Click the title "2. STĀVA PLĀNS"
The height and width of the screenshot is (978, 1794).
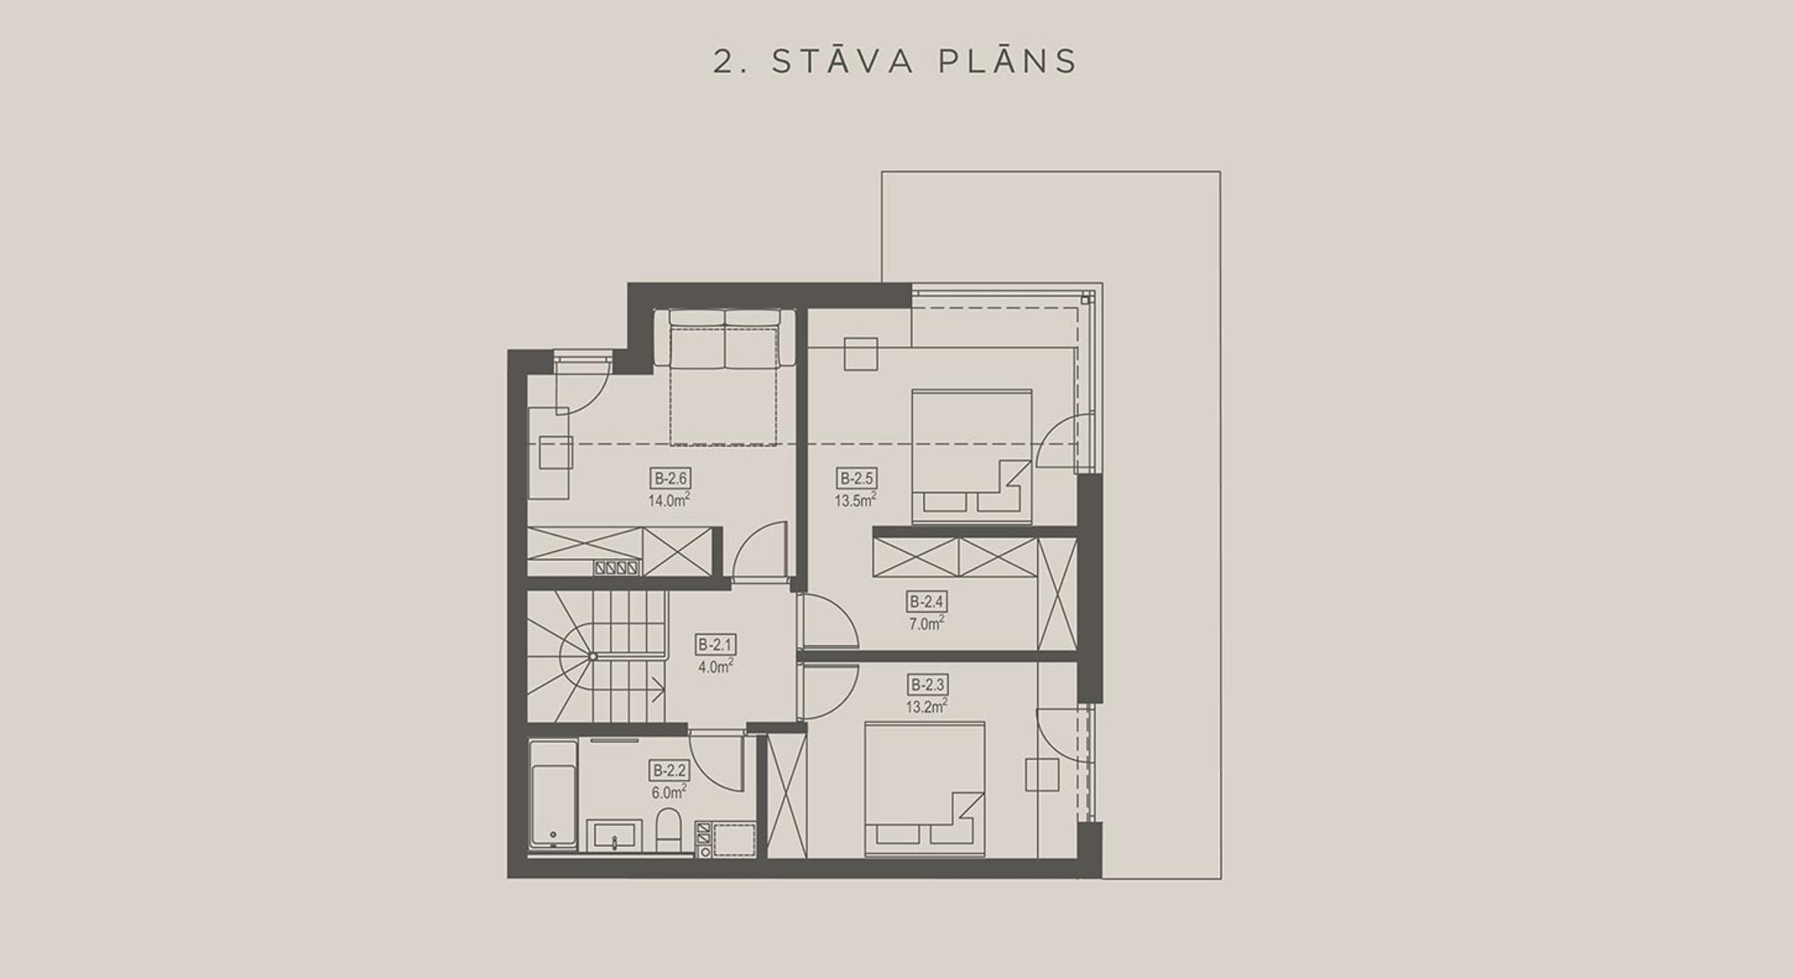[x=895, y=61]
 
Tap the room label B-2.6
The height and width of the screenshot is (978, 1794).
[x=670, y=478]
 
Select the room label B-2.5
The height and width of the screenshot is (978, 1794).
[x=856, y=478]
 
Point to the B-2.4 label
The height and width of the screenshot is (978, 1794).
[x=927, y=602]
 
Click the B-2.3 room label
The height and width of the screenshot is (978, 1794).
[x=927, y=685]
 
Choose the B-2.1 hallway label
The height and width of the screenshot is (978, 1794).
[x=716, y=644]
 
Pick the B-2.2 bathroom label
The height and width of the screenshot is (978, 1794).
[x=670, y=770]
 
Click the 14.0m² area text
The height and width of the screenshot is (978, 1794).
[x=669, y=500]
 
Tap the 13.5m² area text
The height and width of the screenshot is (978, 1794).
[x=855, y=500]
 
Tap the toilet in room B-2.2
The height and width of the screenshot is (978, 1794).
[x=669, y=830]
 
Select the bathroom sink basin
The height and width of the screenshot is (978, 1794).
[x=614, y=835]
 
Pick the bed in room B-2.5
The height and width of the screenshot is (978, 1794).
[x=971, y=457]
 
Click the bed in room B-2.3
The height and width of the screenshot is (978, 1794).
[x=924, y=789]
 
